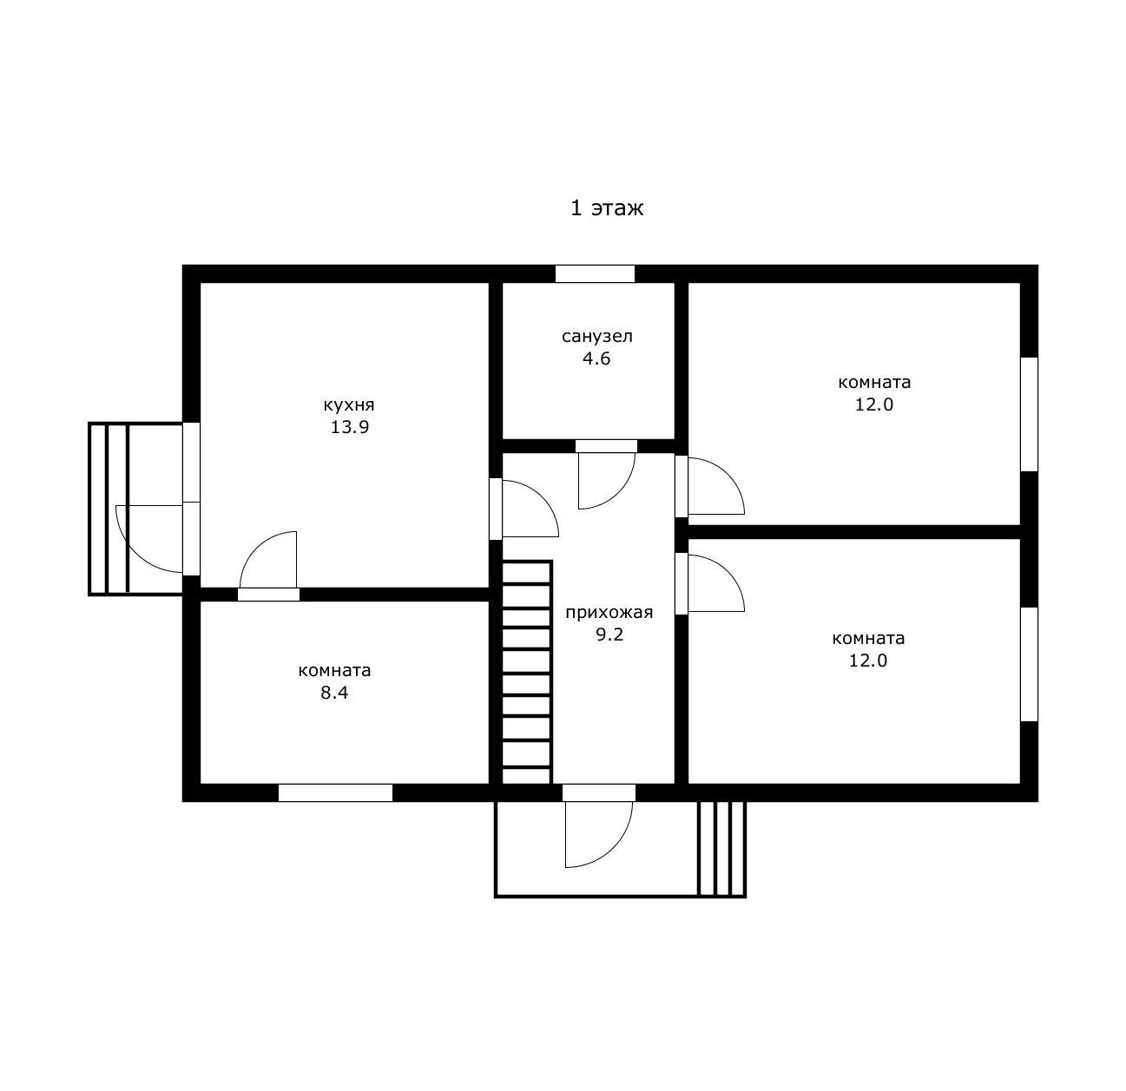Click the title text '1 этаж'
tap(606, 207)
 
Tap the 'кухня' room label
tap(349, 405)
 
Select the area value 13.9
tap(350, 427)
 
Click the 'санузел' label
tap(597, 336)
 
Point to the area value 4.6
tap(596, 358)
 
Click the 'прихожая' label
tap(609, 613)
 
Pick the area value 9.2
tap(609, 634)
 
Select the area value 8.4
tap(334, 693)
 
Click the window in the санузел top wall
tap(595, 273)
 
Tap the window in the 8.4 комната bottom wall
tap(335, 792)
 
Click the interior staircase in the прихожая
tap(526, 672)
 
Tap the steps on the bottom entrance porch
tap(721, 849)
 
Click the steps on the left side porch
tap(109, 509)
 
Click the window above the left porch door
tap(192, 463)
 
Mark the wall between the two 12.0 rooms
tap(854, 532)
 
